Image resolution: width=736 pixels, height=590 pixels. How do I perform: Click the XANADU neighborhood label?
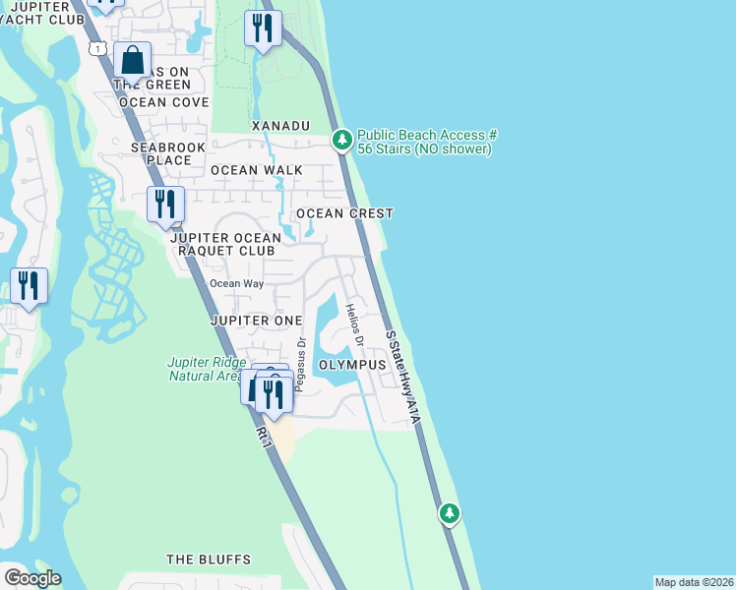(280, 126)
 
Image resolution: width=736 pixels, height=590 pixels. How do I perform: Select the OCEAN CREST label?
(344, 213)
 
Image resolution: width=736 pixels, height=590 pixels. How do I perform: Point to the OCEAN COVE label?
(163, 102)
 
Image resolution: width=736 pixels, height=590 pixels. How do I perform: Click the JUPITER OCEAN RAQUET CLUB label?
(225, 244)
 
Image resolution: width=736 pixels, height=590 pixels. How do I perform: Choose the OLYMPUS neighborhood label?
(352, 365)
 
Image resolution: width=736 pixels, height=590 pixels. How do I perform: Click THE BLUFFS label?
(209, 560)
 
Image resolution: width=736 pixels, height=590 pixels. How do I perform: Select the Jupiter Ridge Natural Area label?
(204, 369)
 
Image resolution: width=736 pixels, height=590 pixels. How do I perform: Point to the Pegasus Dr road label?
(301, 365)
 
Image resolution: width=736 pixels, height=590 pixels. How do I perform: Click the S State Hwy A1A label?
(403, 378)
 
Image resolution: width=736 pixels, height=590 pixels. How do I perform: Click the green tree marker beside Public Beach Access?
(341, 141)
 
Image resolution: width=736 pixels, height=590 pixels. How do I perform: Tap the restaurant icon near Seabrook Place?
(163, 205)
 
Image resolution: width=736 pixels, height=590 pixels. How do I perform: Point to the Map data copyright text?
(693, 582)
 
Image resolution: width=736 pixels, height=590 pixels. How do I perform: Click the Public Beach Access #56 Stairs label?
(425, 142)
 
